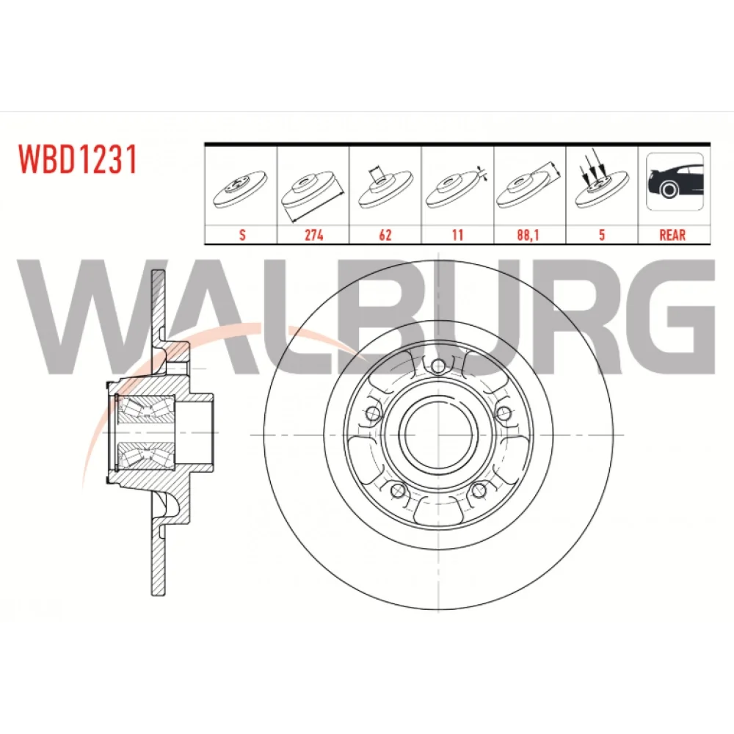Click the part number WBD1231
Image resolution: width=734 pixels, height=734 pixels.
pos(78,159)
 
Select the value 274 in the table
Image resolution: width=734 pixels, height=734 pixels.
pos(313,235)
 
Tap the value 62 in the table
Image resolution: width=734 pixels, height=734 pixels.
pos(385,235)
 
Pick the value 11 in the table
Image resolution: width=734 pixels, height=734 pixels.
pos(458,235)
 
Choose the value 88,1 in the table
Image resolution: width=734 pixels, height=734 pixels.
pos(528,235)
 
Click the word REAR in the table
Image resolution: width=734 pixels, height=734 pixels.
pos(672,235)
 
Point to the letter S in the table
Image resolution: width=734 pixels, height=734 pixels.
pos(242,235)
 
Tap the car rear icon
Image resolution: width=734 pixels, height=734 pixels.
pos(675,181)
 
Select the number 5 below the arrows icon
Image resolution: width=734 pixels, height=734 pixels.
pos(602,235)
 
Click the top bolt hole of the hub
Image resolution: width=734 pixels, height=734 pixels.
pos(437,366)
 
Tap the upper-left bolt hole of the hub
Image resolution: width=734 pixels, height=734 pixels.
pos(373,413)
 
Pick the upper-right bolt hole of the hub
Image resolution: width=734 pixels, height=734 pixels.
pos(503,413)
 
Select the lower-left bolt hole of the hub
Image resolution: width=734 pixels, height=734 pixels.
pos(397,490)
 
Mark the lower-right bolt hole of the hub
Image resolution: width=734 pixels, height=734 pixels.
pos(478,490)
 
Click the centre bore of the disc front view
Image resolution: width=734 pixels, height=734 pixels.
pos(437,435)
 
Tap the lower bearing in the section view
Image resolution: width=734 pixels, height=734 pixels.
pos(145,456)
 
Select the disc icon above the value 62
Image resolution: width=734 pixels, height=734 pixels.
pos(386,187)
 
